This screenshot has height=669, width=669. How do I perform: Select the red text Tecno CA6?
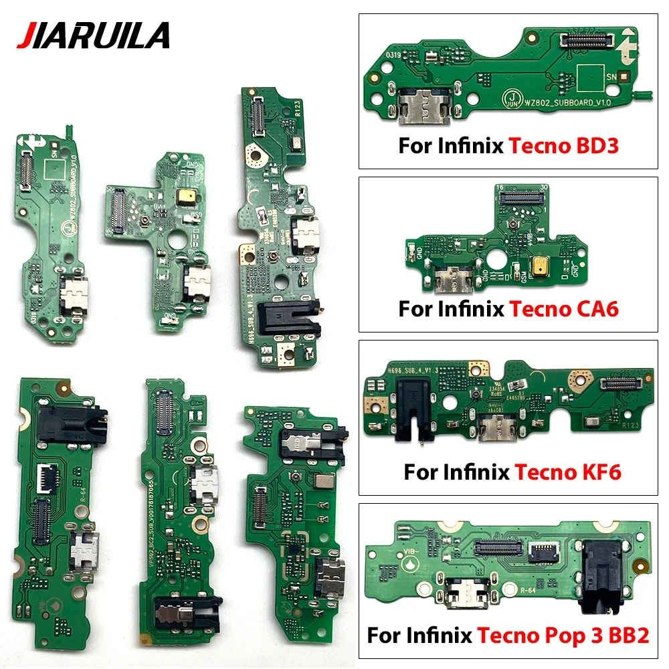tap(563, 309)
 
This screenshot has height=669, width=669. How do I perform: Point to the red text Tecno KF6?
tap(567, 472)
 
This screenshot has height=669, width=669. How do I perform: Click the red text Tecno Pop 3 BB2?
tap(563, 635)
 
